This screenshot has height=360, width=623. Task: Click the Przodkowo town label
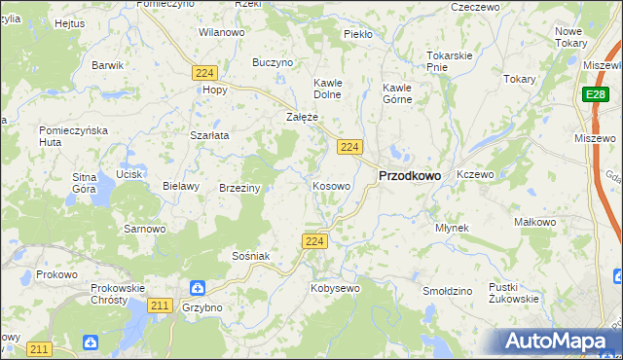408,175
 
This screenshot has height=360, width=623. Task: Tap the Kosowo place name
331,185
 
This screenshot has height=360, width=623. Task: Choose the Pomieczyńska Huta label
66,136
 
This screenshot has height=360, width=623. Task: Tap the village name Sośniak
250,256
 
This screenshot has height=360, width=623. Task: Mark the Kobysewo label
335,288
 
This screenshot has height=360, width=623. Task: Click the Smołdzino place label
448,291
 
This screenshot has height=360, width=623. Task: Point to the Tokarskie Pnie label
450,61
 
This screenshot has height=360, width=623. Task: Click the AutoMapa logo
558,341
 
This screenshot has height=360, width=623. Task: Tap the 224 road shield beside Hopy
204,73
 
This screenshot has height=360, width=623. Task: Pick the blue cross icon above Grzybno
197,288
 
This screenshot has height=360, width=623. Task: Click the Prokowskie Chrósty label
117,295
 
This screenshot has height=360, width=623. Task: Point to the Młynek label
453,228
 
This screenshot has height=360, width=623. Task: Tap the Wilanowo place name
221,32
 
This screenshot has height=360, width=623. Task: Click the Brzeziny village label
239,188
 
